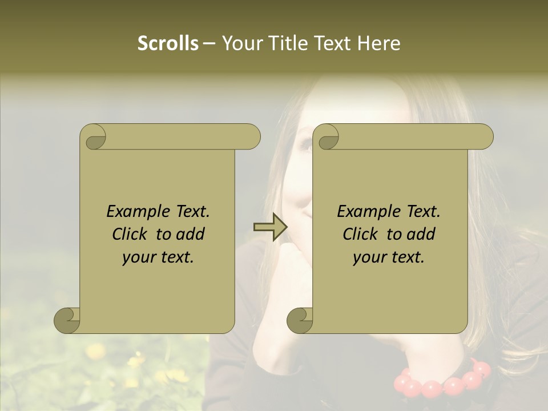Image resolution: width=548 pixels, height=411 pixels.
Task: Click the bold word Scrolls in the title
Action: coord(168,43)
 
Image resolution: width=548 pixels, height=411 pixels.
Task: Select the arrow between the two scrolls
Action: coord(270,227)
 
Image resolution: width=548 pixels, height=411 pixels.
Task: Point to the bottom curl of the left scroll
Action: coord(67,320)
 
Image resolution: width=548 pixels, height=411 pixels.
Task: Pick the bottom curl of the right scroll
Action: coord(300,320)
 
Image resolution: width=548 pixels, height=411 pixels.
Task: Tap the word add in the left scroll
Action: coord(191,234)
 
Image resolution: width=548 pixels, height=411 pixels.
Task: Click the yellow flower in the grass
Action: coord(95,350)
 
